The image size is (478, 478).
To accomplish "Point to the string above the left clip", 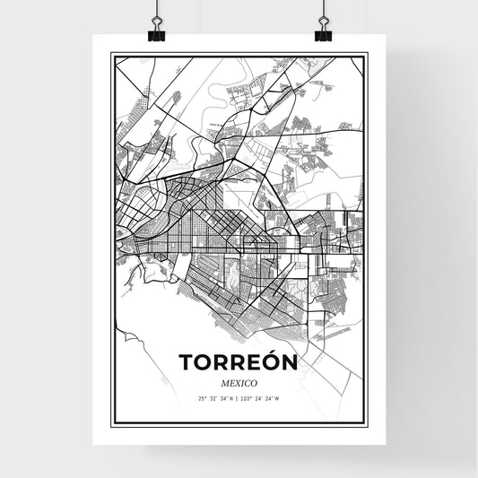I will pyautogui.click(x=157, y=11).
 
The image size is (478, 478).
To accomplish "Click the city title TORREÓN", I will pyautogui.click(x=238, y=362).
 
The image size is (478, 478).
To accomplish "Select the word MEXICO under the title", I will pyautogui.click(x=239, y=382).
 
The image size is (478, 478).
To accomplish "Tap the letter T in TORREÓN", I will pyautogui.click(x=187, y=363).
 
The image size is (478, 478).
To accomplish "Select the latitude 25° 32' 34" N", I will pyautogui.click(x=216, y=398).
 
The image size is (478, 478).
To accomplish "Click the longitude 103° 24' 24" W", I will pyautogui.click(x=261, y=398).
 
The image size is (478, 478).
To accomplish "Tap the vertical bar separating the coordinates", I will pyautogui.click(x=239, y=398).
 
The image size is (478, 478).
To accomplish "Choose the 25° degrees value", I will pyautogui.click(x=201, y=398).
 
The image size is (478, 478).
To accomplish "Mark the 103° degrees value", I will pyautogui.click(x=247, y=398).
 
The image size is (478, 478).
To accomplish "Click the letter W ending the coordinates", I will pyautogui.click(x=278, y=398).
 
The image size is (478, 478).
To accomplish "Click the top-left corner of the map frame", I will pyautogui.click(x=112, y=55).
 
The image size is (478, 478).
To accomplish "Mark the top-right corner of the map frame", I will pyautogui.click(x=366, y=55).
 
